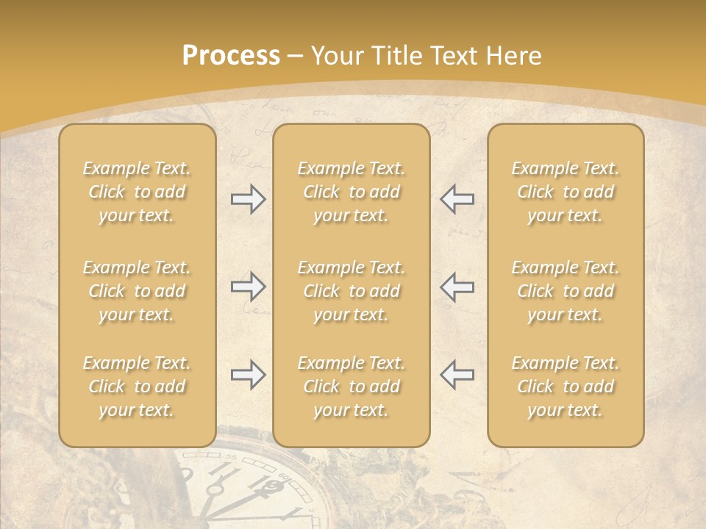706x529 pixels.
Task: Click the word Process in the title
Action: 231,56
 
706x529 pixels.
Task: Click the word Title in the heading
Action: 396,56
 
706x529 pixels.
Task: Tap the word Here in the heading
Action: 515,56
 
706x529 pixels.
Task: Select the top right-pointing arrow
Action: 248,199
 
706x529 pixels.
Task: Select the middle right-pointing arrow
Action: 248,287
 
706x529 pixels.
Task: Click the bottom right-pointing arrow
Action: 248,375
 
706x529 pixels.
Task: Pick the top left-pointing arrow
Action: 457,199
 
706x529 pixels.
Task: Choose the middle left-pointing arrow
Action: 457,287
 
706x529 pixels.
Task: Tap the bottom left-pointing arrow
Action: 457,375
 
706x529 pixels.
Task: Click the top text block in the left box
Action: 137,192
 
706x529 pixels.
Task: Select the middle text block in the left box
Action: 137,291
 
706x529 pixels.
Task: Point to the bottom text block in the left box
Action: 137,386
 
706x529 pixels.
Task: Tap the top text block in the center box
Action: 352,192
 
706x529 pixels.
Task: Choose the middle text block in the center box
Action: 352,291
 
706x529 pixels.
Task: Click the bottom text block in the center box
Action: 352,386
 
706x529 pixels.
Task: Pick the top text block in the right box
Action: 566,192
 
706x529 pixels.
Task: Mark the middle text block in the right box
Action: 566,291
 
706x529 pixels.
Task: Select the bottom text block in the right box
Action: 566,386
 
